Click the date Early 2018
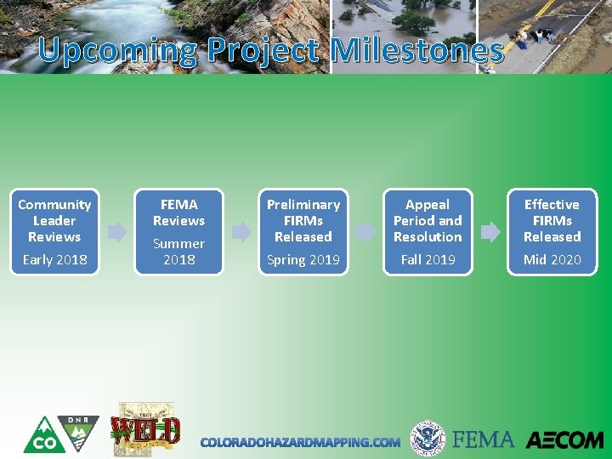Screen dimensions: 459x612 [x=54, y=260]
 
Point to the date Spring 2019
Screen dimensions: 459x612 [x=303, y=260]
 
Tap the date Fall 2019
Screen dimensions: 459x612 [x=428, y=260]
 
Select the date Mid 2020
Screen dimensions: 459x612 [x=552, y=260]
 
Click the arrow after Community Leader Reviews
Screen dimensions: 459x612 [x=117, y=231]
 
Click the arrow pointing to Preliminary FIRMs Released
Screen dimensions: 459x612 [x=241, y=231]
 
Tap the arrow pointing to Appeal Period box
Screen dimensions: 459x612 [x=365, y=231]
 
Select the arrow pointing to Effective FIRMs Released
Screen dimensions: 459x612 [x=490, y=231]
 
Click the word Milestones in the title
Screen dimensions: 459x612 [x=417, y=51]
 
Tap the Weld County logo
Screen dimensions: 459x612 [x=145, y=430]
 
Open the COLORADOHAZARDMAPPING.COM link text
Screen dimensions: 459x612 [x=300, y=442]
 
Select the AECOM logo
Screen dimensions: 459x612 [x=564, y=440]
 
